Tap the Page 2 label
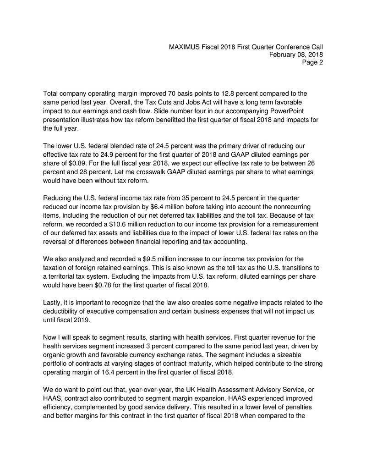pyautogui.click(x=312, y=63)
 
